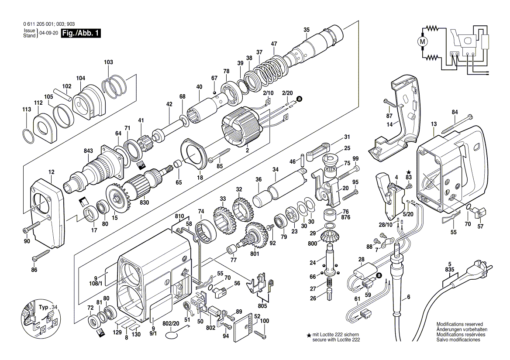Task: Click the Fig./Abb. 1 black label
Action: coord(81,34)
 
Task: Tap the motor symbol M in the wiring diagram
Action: coord(422,42)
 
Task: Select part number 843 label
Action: coord(89,151)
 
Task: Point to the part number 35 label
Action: coord(307,30)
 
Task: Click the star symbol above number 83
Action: coord(409,172)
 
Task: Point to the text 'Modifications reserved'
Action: coord(459,324)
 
